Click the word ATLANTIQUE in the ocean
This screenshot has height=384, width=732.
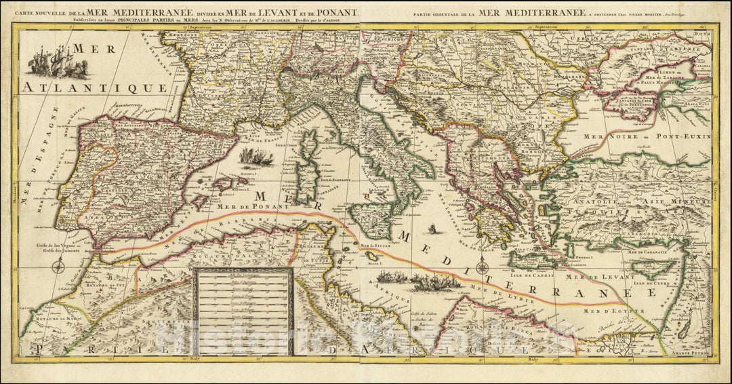point(94,88)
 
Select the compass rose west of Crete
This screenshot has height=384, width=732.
point(482,265)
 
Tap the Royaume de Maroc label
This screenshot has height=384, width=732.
point(47,317)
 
